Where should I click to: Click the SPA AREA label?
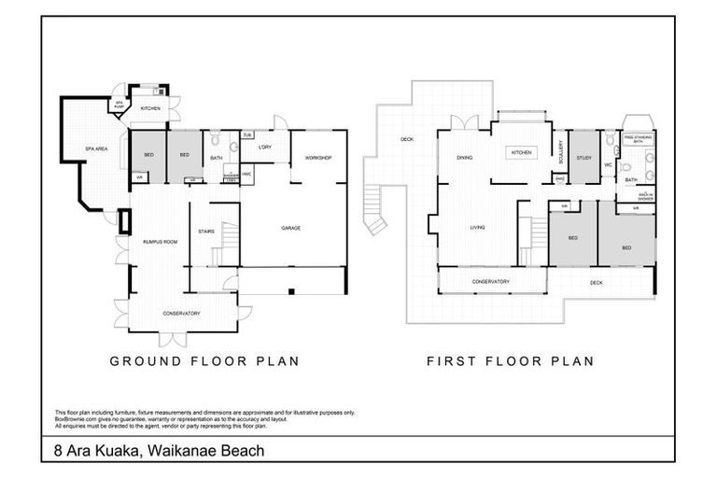pyautogui.click(x=92, y=148)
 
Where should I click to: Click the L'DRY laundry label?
pyautogui.click(x=265, y=148)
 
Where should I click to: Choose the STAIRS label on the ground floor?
pyautogui.click(x=207, y=232)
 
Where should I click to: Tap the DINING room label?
pyautogui.click(x=464, y=158)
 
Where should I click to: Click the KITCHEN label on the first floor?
pyautogui.click(x=520, y=151)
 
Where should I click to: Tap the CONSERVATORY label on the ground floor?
pyautogui.click(x=182, y=313)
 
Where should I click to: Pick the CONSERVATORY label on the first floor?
pyautogui.click(x=490, y=281)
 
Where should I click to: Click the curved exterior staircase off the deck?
pyautogui.click(x=375, y=210)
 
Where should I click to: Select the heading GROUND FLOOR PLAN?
pyautogui.click(x=204, y=361)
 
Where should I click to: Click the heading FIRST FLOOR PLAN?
pyautogui.click(x=510, y=361)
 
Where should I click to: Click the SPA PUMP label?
pyautogui.click(x=119, y=105)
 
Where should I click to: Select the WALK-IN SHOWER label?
pyautogui.click(x=645, y=197)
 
